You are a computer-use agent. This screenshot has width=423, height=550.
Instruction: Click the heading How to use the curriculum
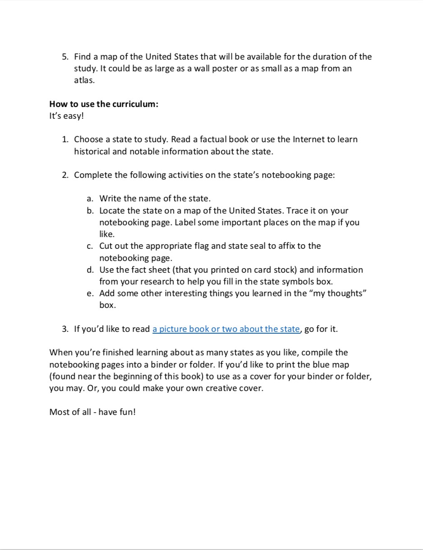click(x=104, y=104)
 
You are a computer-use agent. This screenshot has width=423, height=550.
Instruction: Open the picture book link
click(x=225, y=329)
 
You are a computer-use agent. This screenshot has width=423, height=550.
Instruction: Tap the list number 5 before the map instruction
click(x=65, y=57)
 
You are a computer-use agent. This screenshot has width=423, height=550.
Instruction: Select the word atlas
click(x=84, y=80)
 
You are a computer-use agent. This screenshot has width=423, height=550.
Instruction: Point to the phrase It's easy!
click(x=66, y=116)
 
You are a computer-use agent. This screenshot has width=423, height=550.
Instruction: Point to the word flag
click(x=202, y=246)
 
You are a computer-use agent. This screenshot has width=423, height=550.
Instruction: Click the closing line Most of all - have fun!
click(x=92, y=412)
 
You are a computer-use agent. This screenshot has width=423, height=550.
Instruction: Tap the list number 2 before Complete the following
click(x=65, y=175)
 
